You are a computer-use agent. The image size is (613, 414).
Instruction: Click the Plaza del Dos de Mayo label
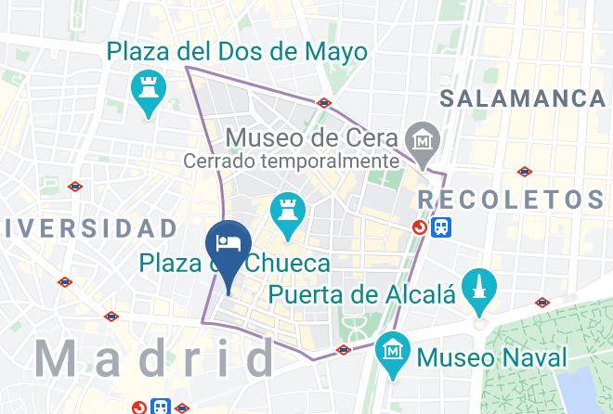coord(237,50)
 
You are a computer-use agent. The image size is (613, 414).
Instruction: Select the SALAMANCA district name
coord(522,98)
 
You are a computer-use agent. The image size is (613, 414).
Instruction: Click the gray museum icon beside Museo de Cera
coord(424,139)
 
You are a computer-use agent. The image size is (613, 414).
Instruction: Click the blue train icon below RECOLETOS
coord(441,226)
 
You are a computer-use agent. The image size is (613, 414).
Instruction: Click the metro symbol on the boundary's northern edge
coord(324,103)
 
